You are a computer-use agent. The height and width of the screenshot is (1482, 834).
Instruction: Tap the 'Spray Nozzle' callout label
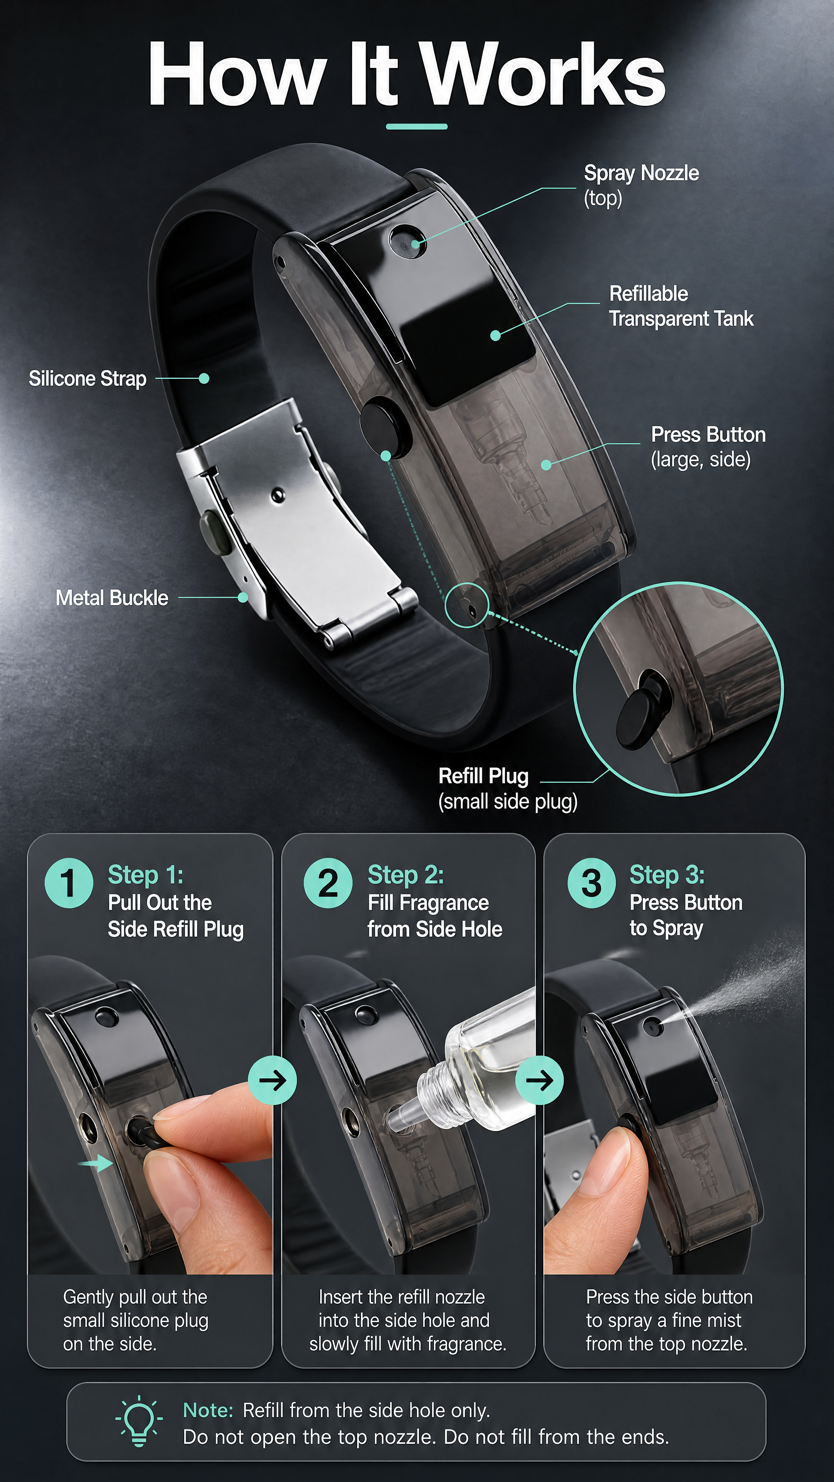[x=641, y=185]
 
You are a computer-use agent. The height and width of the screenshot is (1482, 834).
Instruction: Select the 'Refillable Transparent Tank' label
[x=681, y=306]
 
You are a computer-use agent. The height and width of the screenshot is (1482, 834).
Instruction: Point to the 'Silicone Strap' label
[x=88, y=379]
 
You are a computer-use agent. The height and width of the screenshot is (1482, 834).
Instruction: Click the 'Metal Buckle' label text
[x=112, y=598]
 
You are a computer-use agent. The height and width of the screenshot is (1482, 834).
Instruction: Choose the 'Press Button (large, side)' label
[x=708, y=447]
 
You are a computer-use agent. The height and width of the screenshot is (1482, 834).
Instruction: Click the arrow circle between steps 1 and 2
[x=272, y=1080]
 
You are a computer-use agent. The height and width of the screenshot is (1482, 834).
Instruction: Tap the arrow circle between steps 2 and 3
[x=539, y=1080]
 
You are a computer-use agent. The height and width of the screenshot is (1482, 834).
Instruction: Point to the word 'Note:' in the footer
[x=208, y=1410]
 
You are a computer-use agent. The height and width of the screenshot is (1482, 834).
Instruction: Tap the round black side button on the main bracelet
[x=386, y=426]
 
